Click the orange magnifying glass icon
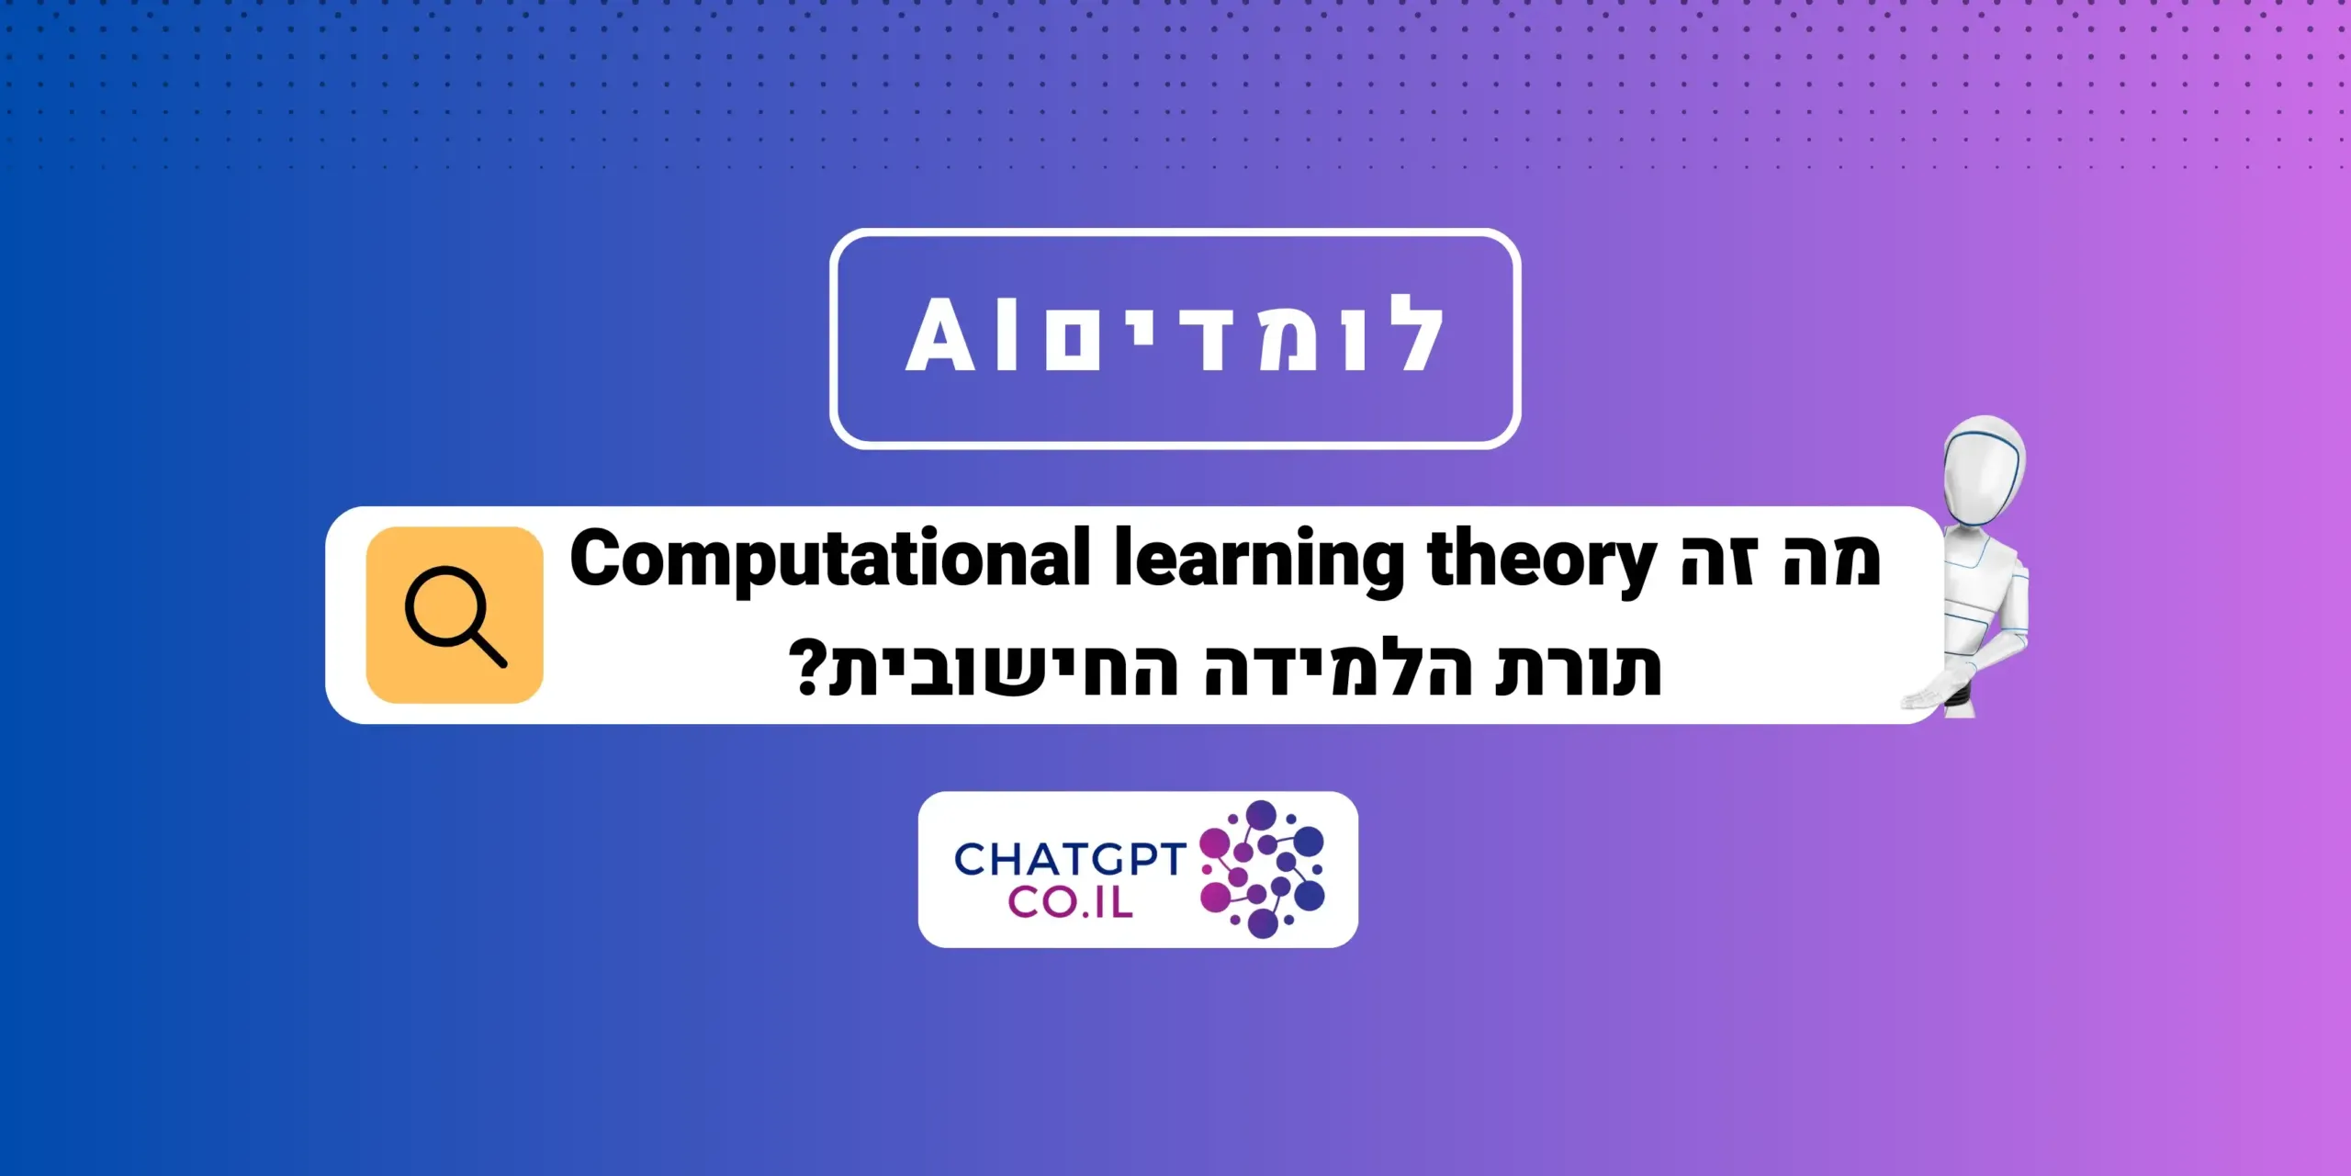coord(455,615)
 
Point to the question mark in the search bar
coord(809,668)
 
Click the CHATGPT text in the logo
coord(1070,859)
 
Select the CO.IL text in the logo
coord(1070,902)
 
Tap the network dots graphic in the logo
coord(1263,869)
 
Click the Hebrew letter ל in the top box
coord(1410,333)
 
